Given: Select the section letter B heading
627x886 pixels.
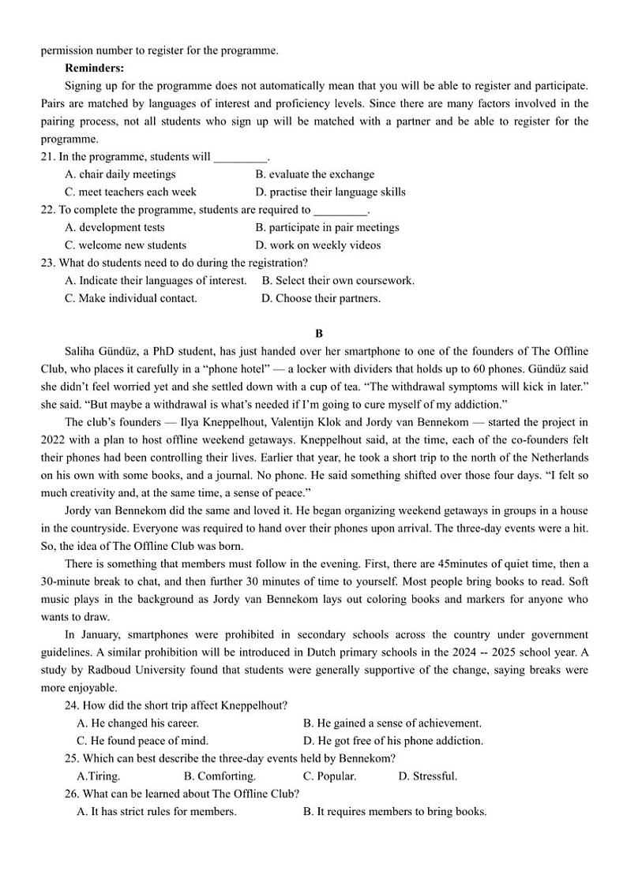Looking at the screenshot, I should [319, 334].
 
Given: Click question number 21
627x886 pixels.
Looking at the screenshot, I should [47, 156].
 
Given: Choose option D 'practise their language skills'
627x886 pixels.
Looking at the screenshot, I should [330, 192].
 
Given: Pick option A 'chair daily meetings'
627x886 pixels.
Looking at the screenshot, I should [120, 174].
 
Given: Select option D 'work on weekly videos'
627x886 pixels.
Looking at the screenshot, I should [318, 245].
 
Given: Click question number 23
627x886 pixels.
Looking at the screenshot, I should [47, 263].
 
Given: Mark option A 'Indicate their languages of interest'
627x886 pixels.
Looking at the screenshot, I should [156, 280].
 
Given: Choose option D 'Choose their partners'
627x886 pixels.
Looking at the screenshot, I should [321, 298].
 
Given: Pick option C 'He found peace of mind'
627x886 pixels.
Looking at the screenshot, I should [142, 741].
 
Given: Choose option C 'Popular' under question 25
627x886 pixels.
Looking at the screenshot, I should [329, 776].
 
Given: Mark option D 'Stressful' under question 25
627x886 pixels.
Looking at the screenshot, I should [427, 776].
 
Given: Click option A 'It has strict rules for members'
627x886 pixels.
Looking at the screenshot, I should [156, 811].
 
